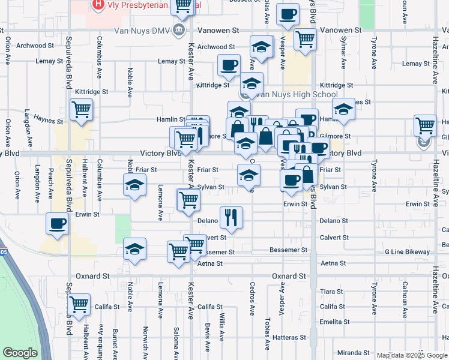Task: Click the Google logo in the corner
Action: (20, 353)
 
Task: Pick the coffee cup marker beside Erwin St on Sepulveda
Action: (58, 223)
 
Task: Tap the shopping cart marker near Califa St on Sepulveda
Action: (79, 304)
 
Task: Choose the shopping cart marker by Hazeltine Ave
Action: (425, 125)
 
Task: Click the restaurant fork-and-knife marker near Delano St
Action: (231, 218)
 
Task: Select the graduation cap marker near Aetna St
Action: (134, 248)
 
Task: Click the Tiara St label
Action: (331, 292)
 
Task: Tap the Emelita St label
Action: (334, 322)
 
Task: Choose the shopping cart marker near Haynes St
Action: (80, 110)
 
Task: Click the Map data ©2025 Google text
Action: (411, 355)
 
